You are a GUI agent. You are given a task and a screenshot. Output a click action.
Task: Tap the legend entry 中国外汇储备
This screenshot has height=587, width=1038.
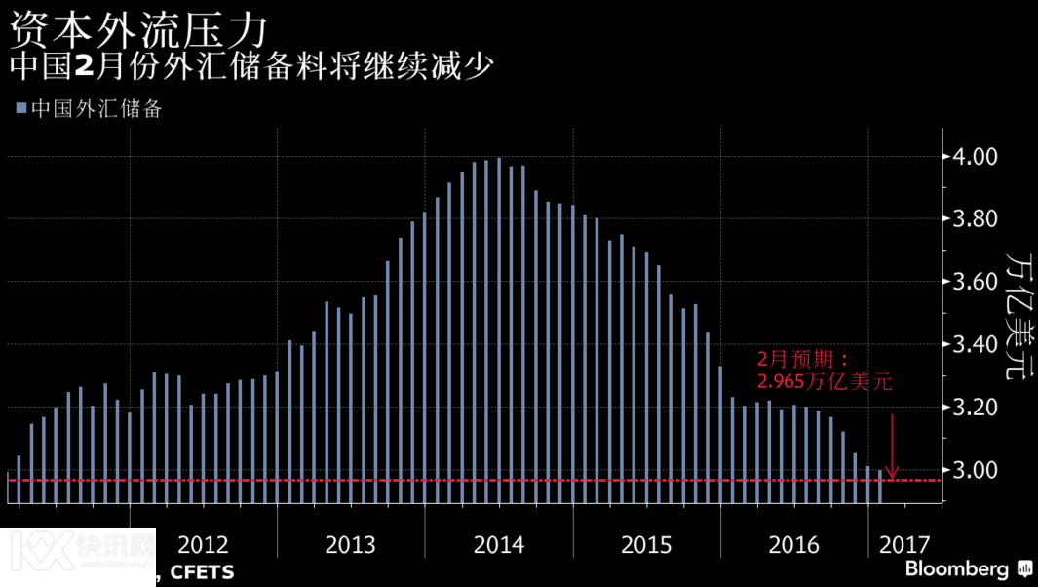click(89, 109)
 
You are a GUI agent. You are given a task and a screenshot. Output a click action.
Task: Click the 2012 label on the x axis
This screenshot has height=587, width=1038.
click(204, 544)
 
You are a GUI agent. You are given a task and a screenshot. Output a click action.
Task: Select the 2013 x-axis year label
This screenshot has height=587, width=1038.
click(351, 544)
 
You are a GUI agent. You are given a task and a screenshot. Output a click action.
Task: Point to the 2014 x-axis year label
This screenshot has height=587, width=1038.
click(499, 544)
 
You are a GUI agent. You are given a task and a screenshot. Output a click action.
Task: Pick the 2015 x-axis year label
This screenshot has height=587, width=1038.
click(647, 544)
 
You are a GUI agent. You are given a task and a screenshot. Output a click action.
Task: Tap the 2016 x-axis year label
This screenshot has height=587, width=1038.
click(794, 544)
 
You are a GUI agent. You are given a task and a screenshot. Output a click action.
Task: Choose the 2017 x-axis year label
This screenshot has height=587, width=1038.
click(904, 544)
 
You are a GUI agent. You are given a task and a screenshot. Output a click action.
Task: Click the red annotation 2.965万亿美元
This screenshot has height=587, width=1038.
click(824, 381)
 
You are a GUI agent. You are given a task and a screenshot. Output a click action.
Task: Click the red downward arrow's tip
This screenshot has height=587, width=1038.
click(891, 478)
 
